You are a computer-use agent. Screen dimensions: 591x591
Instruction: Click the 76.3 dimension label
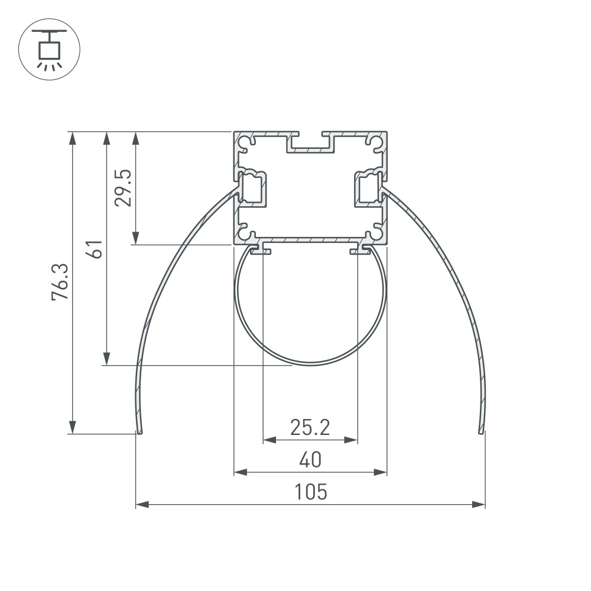[61, 282]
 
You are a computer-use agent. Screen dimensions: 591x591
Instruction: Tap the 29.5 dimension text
[124, 187]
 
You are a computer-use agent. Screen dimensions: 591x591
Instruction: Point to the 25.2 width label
[310, 427]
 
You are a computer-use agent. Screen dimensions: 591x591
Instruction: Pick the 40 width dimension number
[310, 459]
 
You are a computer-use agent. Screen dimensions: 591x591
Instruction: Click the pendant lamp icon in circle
[50, 49]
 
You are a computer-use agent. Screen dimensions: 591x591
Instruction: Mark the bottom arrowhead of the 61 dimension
[106, 358]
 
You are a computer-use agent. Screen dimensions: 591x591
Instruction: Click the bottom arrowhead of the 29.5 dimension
[136, 238]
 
